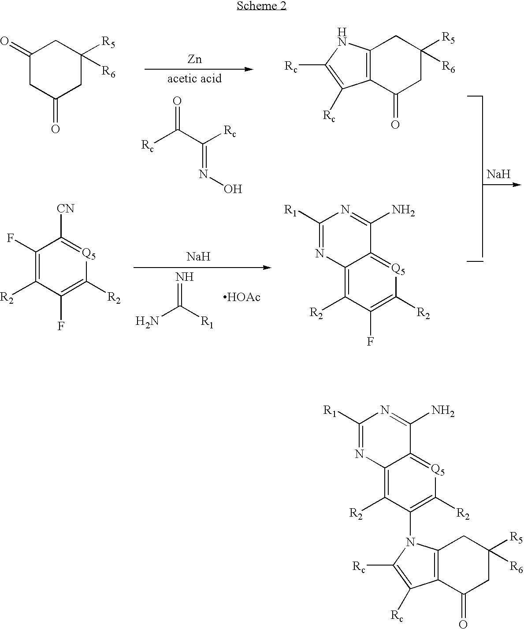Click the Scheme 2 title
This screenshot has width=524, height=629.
[x=261, y=6]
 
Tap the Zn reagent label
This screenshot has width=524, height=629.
[x=194, y=59]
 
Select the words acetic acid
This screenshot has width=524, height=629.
[x=194, y=78]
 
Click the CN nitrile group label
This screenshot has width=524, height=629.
[x=65, y=208]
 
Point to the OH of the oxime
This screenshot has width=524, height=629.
[x=233, y=189]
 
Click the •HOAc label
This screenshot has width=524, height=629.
[x=242, y=298]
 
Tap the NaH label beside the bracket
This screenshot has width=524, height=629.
[x=498, y=174]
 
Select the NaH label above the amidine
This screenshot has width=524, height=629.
[x=198, y=257]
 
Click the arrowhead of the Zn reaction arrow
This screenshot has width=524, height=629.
[x=249, y=69]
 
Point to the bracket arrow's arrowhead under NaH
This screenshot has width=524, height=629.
[x=517, y=184]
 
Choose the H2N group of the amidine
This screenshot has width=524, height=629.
[x=147, y=321]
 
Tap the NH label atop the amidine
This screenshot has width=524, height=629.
[x=184, y=276]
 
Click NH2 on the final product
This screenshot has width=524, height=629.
[x=443, y=411]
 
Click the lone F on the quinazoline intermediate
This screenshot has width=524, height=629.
[x=370, y=341]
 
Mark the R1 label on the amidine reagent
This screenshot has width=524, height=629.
[x=207, y=323]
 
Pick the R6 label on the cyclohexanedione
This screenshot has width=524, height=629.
[x=108, y=72]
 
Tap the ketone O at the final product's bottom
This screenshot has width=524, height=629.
[x=463, y=623]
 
